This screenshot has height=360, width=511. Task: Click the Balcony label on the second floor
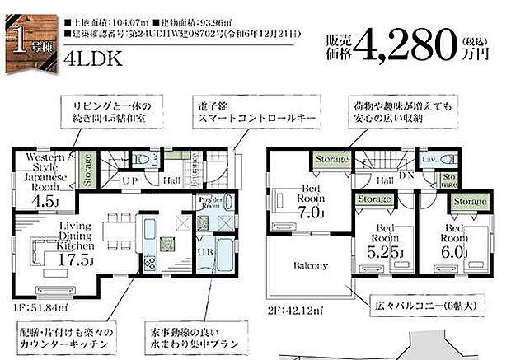pyautogui.click(x=309, y=266)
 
